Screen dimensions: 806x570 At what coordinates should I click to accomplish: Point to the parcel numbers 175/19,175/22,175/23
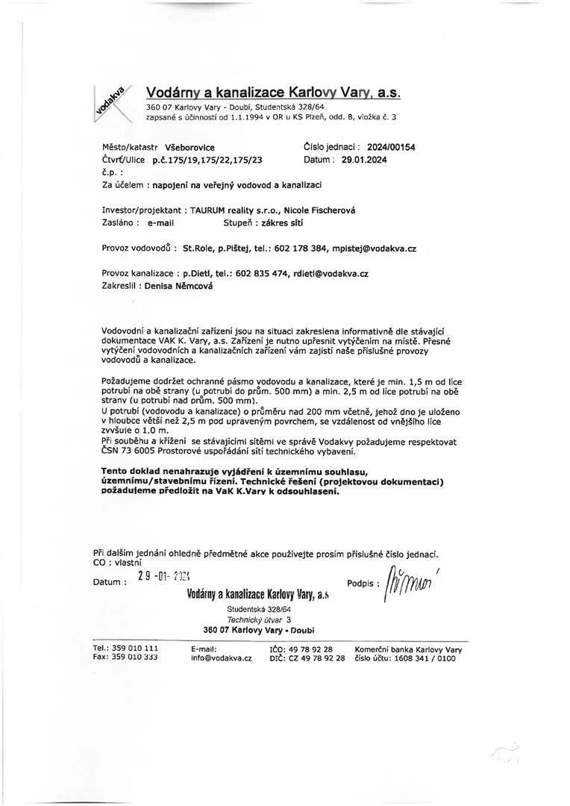point(207,160)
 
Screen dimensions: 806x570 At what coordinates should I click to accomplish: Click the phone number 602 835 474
point(263,274)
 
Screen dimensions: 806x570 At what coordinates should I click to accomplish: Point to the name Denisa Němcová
point(178,286)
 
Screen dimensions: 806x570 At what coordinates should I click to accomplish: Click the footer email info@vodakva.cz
point(221,658)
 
